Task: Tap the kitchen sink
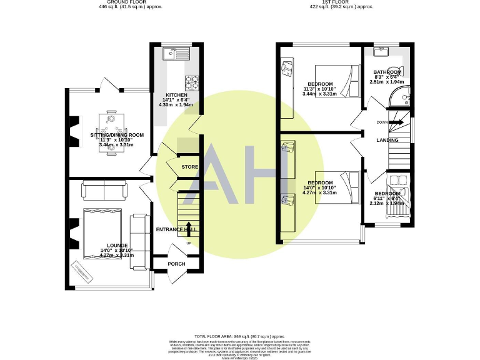tap(172, 54)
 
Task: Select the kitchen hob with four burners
tap(191, 82)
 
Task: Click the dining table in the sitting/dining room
tap(111, 131)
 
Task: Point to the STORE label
tap(189, 167)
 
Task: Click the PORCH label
tap(177, 264)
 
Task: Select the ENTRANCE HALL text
tap(176, 230)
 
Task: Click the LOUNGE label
tap(117, 246)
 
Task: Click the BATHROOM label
tap(387, 72)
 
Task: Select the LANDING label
tap(387, 141)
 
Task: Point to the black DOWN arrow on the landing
tap(394, 122)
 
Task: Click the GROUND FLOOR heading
tap(117, 2)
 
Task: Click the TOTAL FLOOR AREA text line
tap(239, 336)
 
